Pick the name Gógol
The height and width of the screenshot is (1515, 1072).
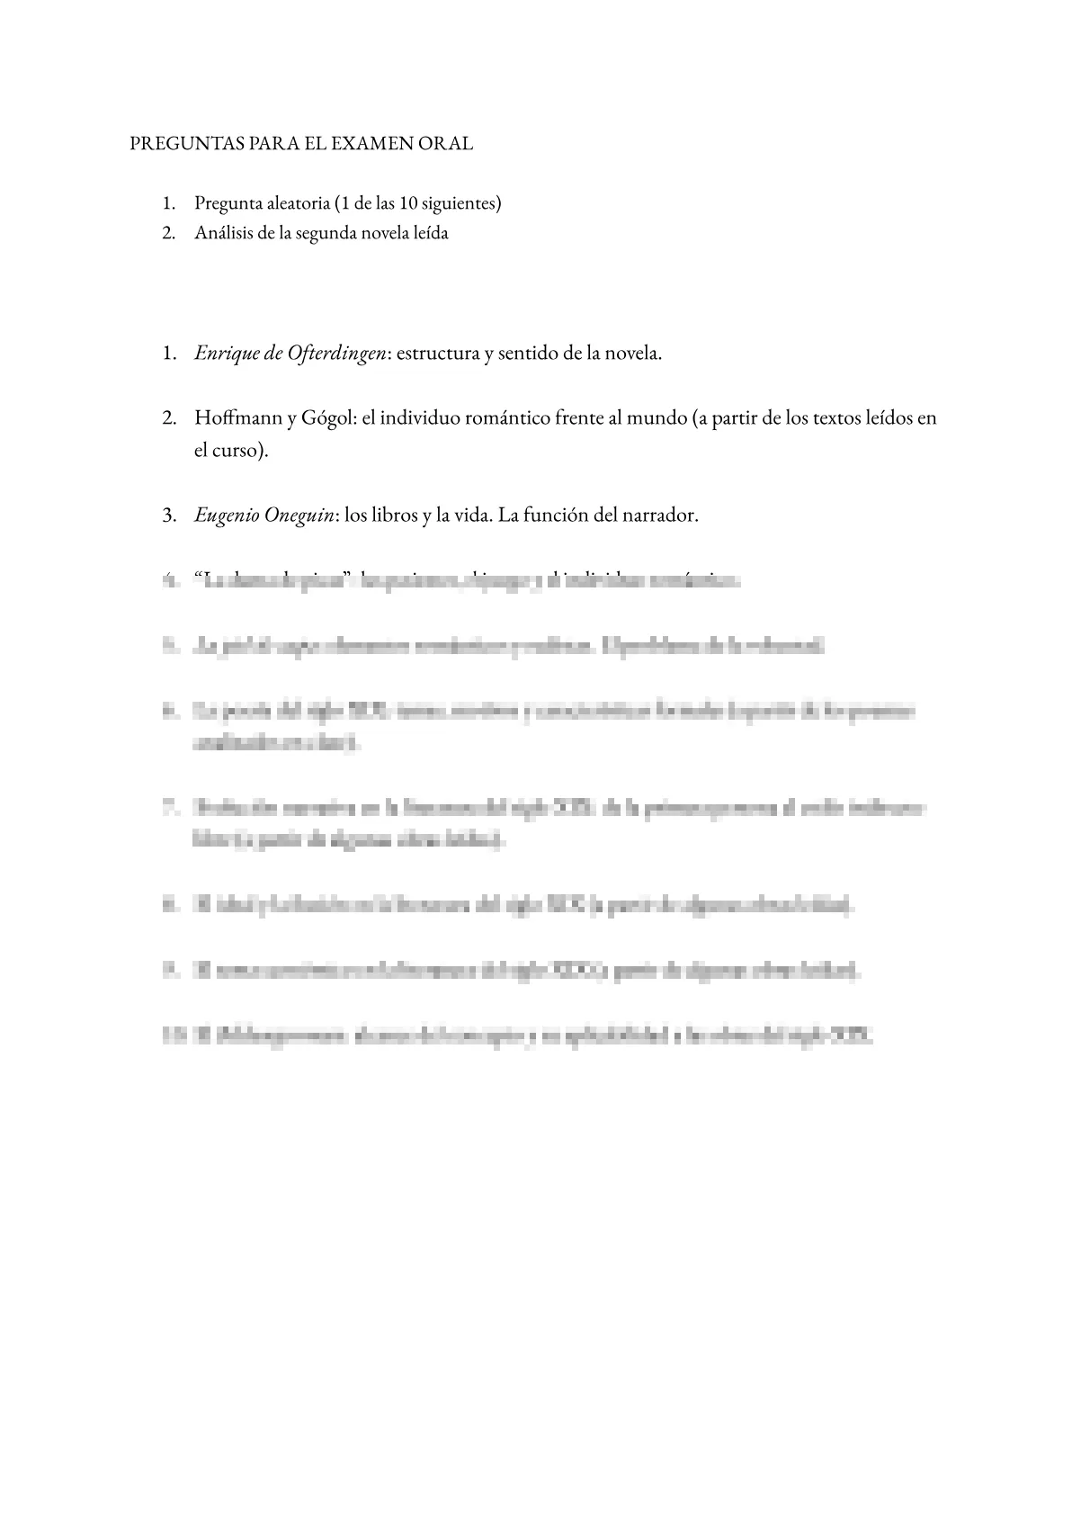coord(325,418)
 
